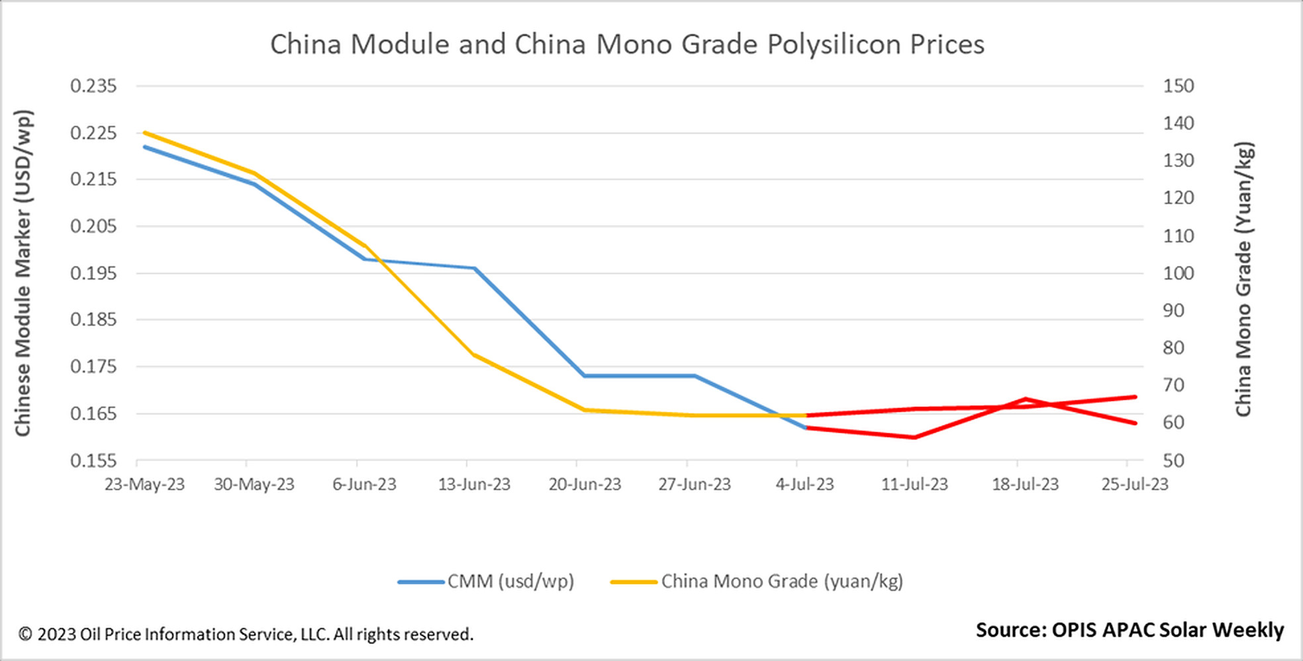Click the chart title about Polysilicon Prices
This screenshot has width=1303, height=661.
click(627, 44)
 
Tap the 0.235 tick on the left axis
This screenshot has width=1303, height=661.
click(93, 86)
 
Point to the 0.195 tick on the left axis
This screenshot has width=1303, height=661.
click(93, 273)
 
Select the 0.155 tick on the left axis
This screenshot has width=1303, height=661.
click(93, 460)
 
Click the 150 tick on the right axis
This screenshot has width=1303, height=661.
click(1179, 86)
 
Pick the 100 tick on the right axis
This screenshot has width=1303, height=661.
click(1179, 273)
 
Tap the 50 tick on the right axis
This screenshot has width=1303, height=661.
click(1173, 460)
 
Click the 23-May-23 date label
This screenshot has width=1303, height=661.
click(144, 484)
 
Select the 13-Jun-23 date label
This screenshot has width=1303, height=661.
click(474, 484)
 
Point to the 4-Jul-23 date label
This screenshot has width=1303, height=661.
click(804, 484)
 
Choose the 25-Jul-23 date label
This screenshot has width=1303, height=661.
click(1134, 484)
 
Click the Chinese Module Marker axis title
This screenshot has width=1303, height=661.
click(23, 273)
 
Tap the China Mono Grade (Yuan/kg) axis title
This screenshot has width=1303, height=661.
click(1243, 278)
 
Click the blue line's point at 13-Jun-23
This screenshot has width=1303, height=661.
click(474, 268)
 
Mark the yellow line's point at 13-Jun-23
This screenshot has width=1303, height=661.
click(474, 355)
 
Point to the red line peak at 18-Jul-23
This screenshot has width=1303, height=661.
click(1025, 399)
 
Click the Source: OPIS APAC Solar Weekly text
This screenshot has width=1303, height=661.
click(1130, 630)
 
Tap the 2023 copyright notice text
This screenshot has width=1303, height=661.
click(246, 635)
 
